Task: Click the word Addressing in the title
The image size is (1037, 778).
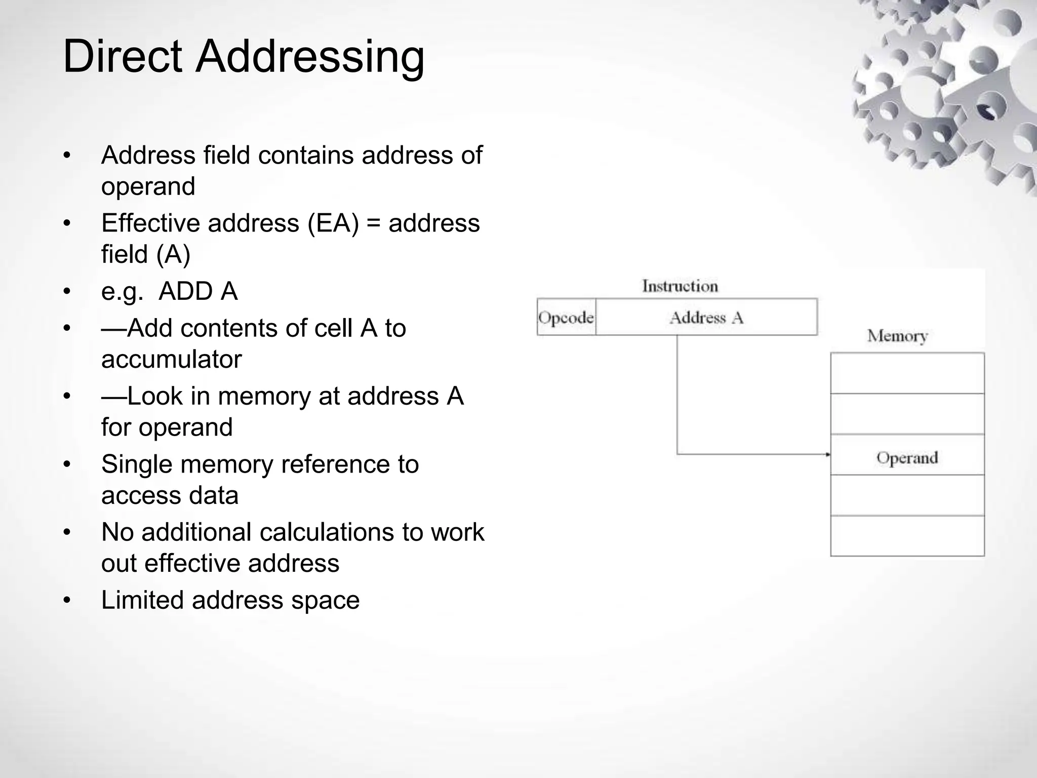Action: pos(310,57)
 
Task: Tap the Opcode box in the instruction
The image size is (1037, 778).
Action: pos(566,318)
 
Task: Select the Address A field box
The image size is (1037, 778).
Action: pos(706,318)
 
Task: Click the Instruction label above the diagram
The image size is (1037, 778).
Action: pos(680,286)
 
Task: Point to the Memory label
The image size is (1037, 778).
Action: pos(897,336)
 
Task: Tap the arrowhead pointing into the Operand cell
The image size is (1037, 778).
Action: pos(827,454)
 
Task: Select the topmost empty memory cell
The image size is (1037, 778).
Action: pos(907,373)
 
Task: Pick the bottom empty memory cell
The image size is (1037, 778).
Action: pos(907,536)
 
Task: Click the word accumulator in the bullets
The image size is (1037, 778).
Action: pos(171,360)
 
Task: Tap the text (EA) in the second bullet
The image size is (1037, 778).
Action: pos(333,223)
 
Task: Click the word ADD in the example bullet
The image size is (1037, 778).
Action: pos(184,292)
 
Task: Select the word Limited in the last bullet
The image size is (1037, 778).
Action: pos(142,600)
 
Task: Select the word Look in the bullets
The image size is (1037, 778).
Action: pos(155,397)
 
